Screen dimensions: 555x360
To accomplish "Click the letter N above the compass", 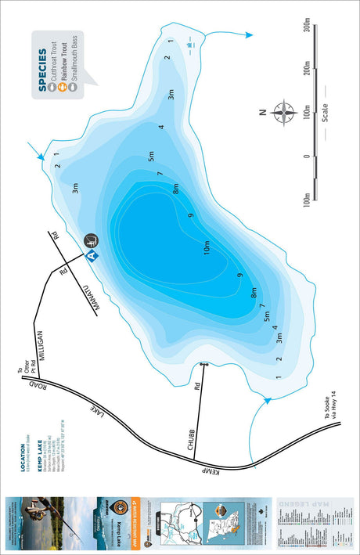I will point(262,113).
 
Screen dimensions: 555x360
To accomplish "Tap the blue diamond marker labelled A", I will point(91,255).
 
